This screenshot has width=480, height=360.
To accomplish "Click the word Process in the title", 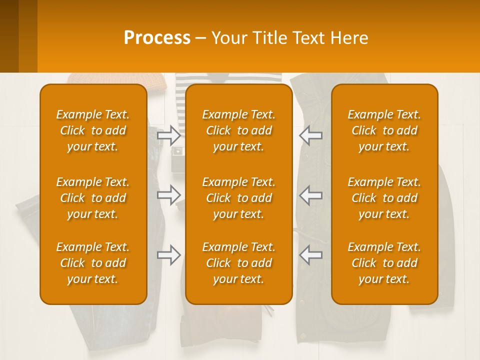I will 157,37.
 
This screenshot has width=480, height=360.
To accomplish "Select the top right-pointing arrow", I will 169,135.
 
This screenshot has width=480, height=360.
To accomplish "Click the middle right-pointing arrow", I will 169,195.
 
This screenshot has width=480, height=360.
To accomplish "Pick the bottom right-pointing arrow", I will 169,255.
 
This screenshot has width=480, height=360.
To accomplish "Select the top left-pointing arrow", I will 310,135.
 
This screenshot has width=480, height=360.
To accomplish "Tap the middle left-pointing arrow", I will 310,195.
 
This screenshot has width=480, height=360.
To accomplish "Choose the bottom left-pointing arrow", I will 310,255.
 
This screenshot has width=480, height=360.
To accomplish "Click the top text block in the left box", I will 93,130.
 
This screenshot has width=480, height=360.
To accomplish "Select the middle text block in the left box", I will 93,198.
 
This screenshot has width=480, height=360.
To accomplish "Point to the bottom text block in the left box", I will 93,263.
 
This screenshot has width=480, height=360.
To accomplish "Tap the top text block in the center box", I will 239,130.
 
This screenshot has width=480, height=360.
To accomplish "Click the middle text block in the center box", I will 239,198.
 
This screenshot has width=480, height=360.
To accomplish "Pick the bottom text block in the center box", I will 239,263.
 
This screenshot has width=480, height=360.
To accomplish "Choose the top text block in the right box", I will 384,130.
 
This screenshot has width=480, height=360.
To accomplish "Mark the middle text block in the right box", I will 384,198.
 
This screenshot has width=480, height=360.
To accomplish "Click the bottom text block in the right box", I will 384,263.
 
